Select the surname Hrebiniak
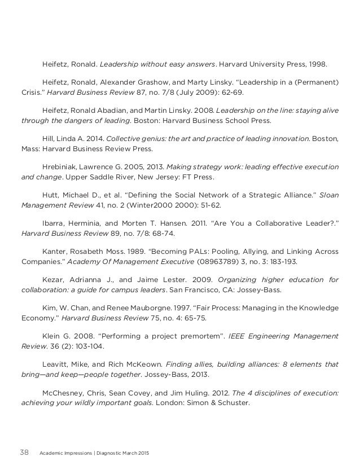(x=61, y=167)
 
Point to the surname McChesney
(x=64, y=393)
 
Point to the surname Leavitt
(x=56, y=364)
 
